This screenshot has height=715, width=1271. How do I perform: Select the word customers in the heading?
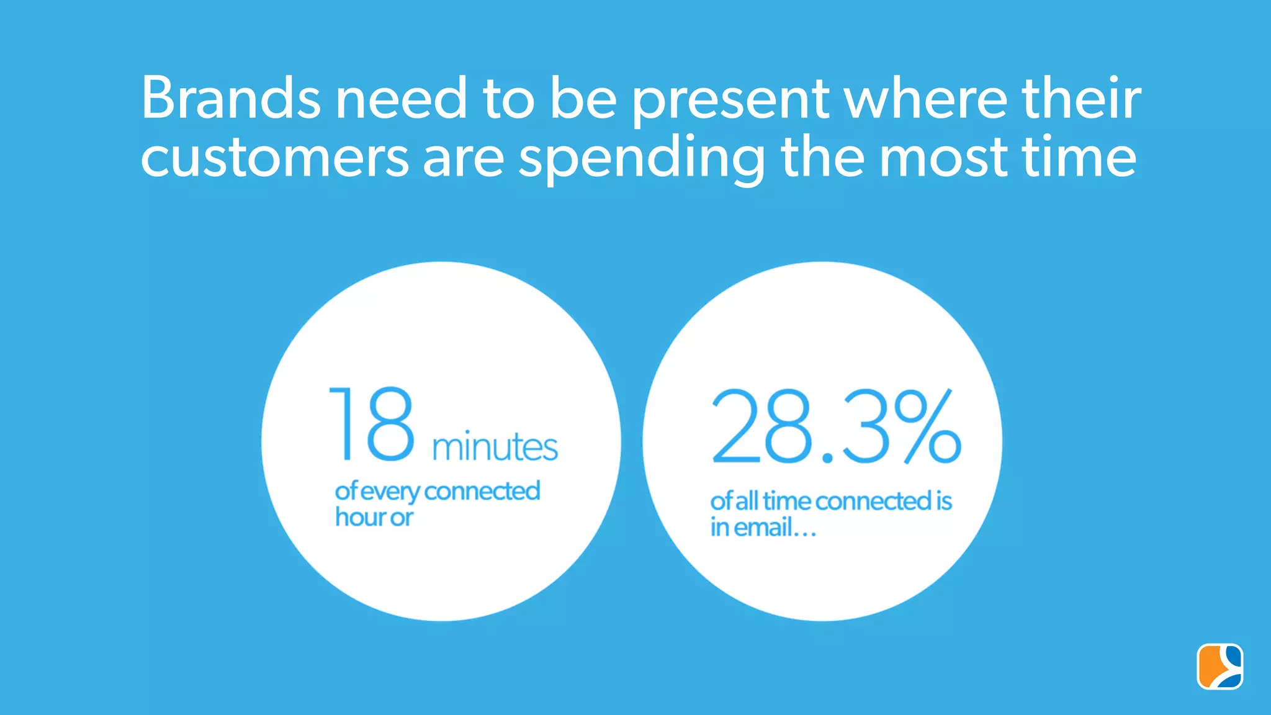tap(274, 158)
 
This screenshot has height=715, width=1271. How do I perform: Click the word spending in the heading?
tap(642, 160)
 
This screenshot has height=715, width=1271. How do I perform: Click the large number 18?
tap(371, 425)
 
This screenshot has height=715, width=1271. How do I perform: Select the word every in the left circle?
tap(390, 492)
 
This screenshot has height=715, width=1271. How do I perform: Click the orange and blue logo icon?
tap(1219, 667)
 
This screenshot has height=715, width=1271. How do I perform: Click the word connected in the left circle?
tap(482, 491)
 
